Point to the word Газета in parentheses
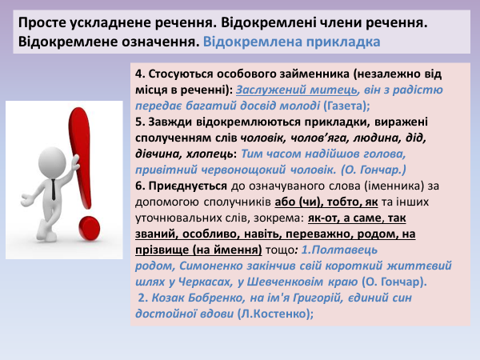[x=342, y=105]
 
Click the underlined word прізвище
[x=165, y=249]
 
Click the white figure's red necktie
[x=53, y=187]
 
